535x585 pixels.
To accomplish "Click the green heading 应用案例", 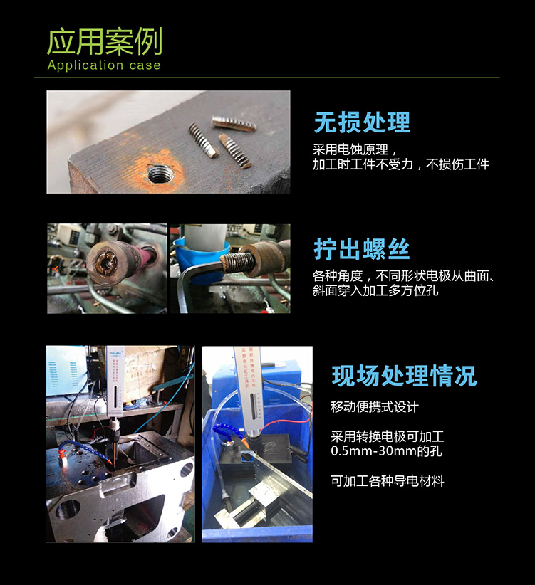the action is [x=105, y=41].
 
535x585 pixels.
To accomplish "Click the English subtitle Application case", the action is [x=104, y=65].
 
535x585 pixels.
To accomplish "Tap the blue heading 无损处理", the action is [x=362, y=122].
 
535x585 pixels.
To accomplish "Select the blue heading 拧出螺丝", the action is [x=361, y=249].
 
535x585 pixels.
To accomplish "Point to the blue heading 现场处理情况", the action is [x=404, y=375].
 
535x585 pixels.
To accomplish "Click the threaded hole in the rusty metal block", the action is [x=160, y=174].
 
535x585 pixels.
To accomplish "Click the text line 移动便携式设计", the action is [x=375, y=406].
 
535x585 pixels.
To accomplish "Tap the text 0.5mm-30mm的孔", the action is [x=386, y=451].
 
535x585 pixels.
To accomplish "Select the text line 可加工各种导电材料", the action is [x=387, y=481].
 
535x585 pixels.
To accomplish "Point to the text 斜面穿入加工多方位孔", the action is [x=375, y=290].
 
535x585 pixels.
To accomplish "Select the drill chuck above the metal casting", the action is [x=114, y=426].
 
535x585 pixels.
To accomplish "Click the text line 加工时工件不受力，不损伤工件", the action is [x=400, y=164].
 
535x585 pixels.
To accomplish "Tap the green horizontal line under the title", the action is [x=267, y=78].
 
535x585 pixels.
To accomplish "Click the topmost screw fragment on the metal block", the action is [x=234, y=123].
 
